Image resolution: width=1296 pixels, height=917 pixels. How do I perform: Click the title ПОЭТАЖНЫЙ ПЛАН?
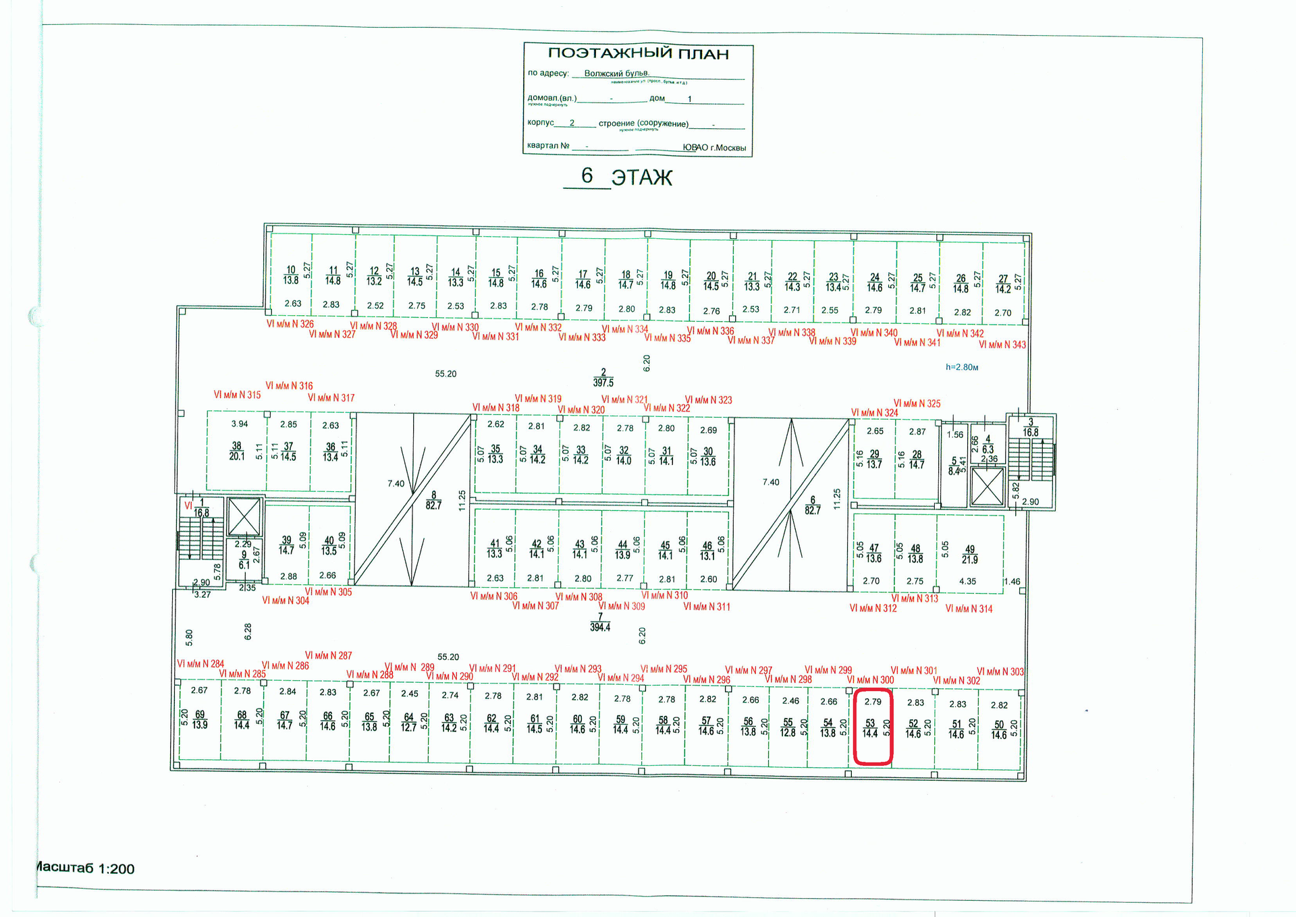[638, 53]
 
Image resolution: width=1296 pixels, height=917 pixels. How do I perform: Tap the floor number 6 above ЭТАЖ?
[587, 175]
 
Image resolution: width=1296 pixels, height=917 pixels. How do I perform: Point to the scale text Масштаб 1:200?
[85, 868]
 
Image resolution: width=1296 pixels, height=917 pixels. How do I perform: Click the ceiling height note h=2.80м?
[962, 367]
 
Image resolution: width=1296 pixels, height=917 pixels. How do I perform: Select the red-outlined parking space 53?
[873, 727]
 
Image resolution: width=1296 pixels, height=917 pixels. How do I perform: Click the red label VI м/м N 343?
[1002, 345]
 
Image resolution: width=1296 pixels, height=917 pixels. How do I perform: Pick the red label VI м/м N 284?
[200, 664]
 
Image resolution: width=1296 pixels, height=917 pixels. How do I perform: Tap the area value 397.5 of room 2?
[603, 383]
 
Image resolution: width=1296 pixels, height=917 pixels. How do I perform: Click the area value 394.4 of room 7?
[599, 627]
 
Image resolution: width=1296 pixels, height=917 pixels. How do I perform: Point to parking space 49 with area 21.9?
[970, 554]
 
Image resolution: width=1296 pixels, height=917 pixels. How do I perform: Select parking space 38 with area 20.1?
[237, 451]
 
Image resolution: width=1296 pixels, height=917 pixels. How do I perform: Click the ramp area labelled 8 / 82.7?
[433, 501]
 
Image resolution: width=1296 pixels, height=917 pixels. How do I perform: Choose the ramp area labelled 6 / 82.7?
[812, 505]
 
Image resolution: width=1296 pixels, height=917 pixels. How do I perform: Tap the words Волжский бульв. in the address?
[616, 73]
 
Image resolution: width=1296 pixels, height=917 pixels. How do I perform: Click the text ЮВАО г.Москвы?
[714, 147]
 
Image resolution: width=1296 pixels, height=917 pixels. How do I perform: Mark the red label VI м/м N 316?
[289, 386]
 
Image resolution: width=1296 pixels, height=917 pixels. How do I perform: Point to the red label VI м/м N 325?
[917, 404]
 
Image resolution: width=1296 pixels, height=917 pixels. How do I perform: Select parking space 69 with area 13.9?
[200, 719]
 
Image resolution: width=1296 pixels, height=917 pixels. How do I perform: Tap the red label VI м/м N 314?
[969, 609]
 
